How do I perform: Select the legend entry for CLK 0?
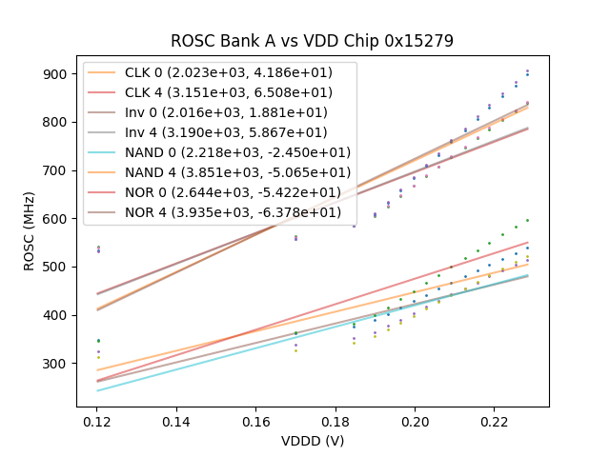point(229,74)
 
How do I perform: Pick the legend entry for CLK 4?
point(229,92)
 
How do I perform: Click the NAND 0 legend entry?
point(237,152)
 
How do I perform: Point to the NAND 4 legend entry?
point(237,172)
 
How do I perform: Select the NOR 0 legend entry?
point(233,192)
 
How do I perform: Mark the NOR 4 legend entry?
point(233,212)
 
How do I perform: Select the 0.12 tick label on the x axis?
point(96,421)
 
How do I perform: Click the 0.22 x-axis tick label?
point(494,421)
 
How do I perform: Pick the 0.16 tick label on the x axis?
point(255,421)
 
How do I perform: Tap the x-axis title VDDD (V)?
point(312,441)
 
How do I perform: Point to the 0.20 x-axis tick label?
point(414,421)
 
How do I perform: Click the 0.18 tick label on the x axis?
point(335,421)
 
